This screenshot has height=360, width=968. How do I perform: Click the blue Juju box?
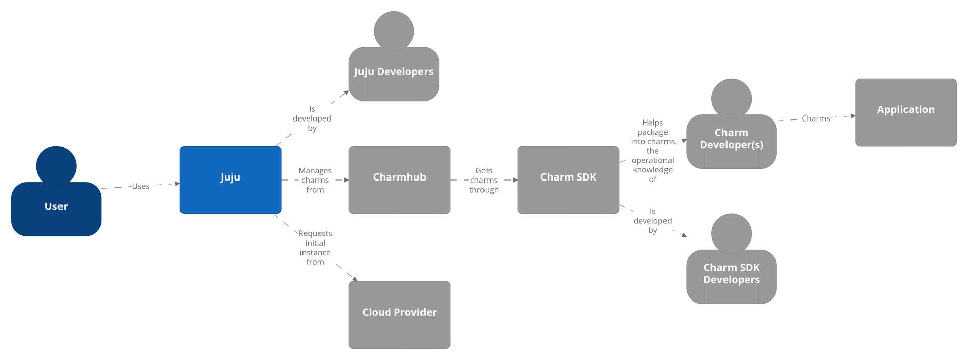point(230,180)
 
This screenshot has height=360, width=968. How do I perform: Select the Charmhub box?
point(399,180)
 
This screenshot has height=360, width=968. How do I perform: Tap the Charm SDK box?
point(568,180)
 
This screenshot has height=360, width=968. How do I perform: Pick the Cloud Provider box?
point(399,315)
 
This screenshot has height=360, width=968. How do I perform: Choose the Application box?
point(905,112)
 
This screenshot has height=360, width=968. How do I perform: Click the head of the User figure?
point(56,166)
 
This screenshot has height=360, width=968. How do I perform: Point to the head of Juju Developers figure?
point(394,31)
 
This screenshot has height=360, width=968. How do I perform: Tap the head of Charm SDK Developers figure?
point(732,233)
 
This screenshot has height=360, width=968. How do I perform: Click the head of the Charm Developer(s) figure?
point(732,98)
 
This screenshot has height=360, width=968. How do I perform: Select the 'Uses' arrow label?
point(141,186)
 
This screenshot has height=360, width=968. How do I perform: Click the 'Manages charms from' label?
point(315,180)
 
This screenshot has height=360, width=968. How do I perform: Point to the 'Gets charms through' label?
point(484,180)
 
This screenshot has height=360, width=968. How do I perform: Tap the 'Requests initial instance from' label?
point(315,248)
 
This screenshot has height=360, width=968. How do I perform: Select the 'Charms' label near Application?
point(816,118)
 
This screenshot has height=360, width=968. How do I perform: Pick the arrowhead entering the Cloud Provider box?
point(354,278)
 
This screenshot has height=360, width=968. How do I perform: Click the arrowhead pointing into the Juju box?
point(177,184)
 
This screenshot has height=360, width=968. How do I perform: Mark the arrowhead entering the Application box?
point(853,116)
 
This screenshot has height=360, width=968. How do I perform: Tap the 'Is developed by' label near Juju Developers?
point(312,118)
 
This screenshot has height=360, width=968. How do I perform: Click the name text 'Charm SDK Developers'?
point(732,274)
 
